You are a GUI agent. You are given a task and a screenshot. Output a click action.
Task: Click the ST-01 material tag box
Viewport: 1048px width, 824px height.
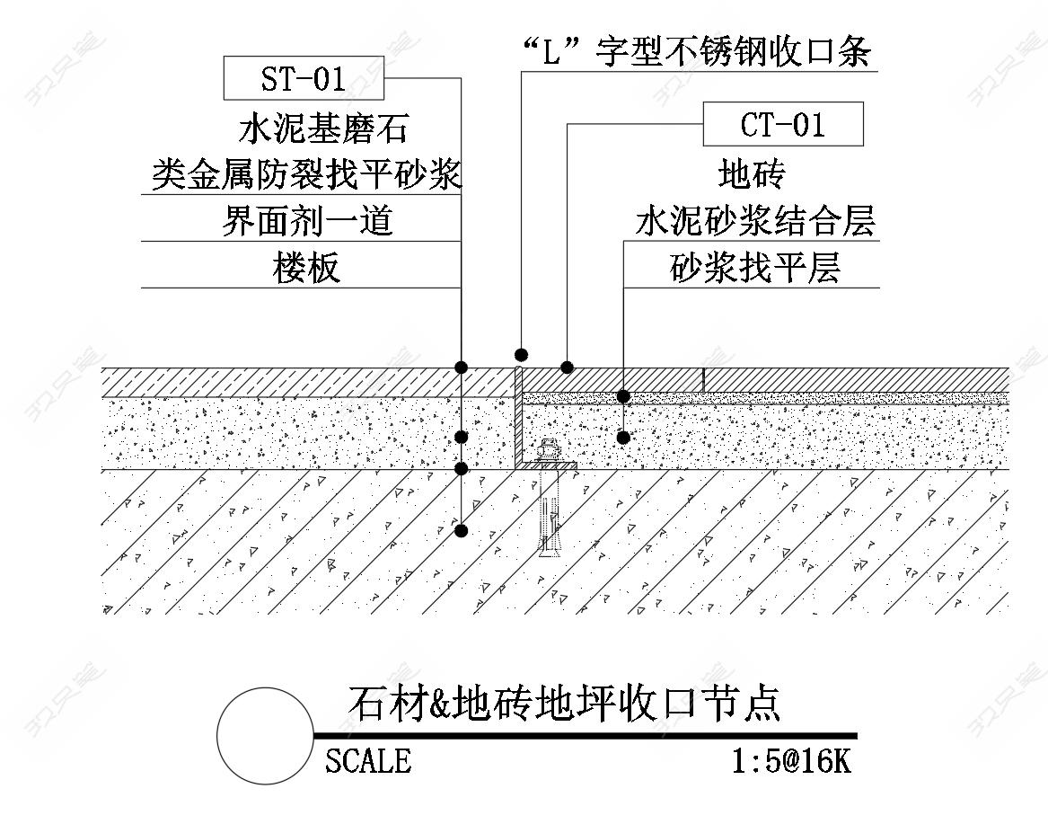click(304, 78)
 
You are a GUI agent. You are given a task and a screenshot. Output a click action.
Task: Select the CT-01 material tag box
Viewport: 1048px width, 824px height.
click(782, 124)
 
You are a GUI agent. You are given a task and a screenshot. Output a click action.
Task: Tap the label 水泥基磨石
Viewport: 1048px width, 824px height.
click(323, 128)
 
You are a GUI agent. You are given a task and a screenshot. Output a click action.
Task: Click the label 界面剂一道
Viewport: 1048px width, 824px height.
click(307, 220)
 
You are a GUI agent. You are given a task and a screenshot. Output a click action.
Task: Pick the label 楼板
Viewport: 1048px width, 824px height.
click(307, 267)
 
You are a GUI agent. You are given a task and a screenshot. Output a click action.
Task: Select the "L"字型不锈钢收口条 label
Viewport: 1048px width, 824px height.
click(696, 52)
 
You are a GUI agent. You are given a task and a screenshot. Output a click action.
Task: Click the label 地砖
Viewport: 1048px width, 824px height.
click(753, 173)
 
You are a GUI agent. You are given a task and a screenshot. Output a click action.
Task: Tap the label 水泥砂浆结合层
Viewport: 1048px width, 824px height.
click(754, 220)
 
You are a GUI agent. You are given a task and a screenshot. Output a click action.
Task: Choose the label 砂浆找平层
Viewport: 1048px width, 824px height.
click(754, 267)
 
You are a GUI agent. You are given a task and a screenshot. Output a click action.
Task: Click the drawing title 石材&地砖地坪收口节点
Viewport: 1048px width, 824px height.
click(563, 704)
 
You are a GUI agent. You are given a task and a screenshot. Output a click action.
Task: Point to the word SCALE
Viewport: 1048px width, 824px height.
click(368, 761)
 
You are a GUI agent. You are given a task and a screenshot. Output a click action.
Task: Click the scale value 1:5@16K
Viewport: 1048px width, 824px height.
click(790, 761)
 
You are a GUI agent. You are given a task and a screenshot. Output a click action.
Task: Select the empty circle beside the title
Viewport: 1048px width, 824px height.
click(265, 735)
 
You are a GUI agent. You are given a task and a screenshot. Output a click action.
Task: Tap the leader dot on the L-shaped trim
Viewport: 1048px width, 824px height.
click(521, 353)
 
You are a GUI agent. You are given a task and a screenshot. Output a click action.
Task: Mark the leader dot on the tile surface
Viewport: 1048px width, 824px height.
click(567, 367)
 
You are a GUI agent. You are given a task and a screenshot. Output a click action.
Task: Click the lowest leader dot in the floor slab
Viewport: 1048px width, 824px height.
click(461, 530)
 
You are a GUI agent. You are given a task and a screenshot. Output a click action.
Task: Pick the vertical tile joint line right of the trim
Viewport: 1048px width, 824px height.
click(704, 379)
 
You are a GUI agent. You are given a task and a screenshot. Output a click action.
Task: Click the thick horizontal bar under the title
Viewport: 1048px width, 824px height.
click(584, 736)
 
